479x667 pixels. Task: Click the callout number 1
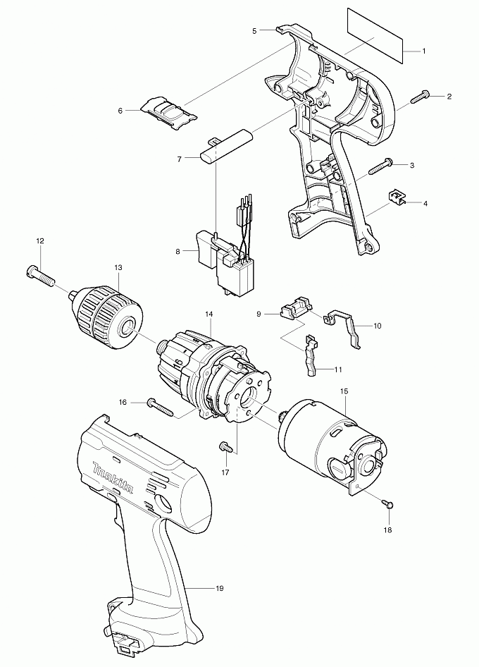pos(424,51)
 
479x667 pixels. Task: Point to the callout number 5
pos(254,31)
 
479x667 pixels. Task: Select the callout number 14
pos(209,314)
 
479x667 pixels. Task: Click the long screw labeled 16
pos(160,405)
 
